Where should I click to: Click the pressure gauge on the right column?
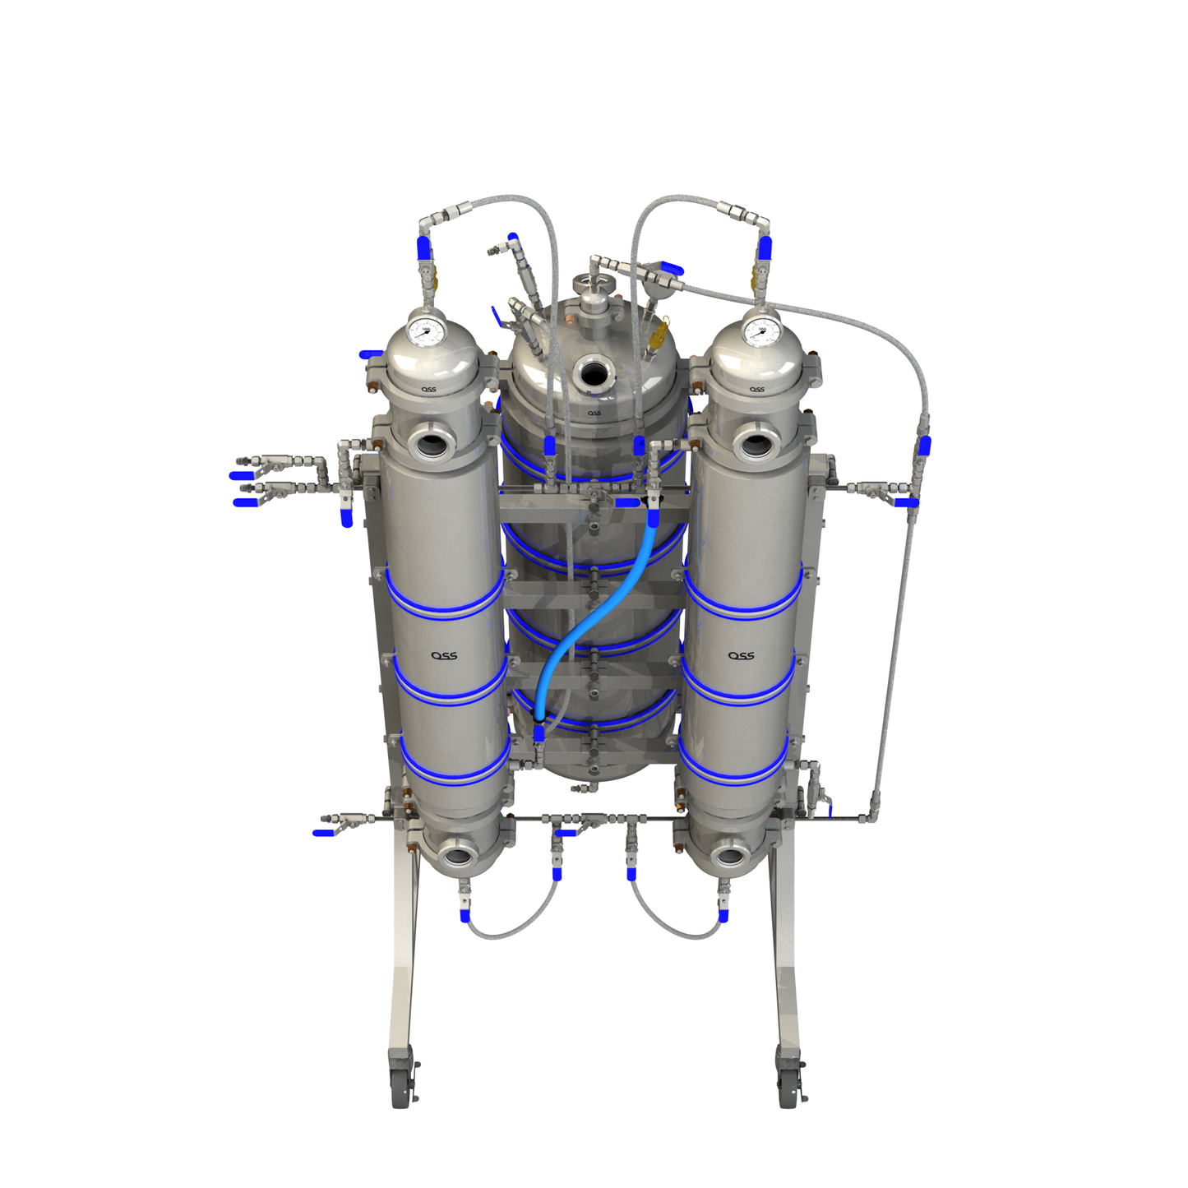(x=760, y=331)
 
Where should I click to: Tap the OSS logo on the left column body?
(x=444, y=655)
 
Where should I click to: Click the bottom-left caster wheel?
(x=401, y=1086)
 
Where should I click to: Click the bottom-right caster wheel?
(x=788, y=1086)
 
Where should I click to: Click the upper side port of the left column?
(x=431, y=445)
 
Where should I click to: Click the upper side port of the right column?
(x=753, y=444)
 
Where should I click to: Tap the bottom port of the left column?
(x=455, y=856)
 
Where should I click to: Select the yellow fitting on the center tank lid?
(x=659, y=335)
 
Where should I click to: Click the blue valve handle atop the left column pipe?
(x=424, y=247)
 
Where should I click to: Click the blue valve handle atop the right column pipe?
(x=765, y=247)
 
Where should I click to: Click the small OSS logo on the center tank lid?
(x=594, y=413)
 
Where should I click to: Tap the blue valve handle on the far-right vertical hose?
(x=924, y=446)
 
